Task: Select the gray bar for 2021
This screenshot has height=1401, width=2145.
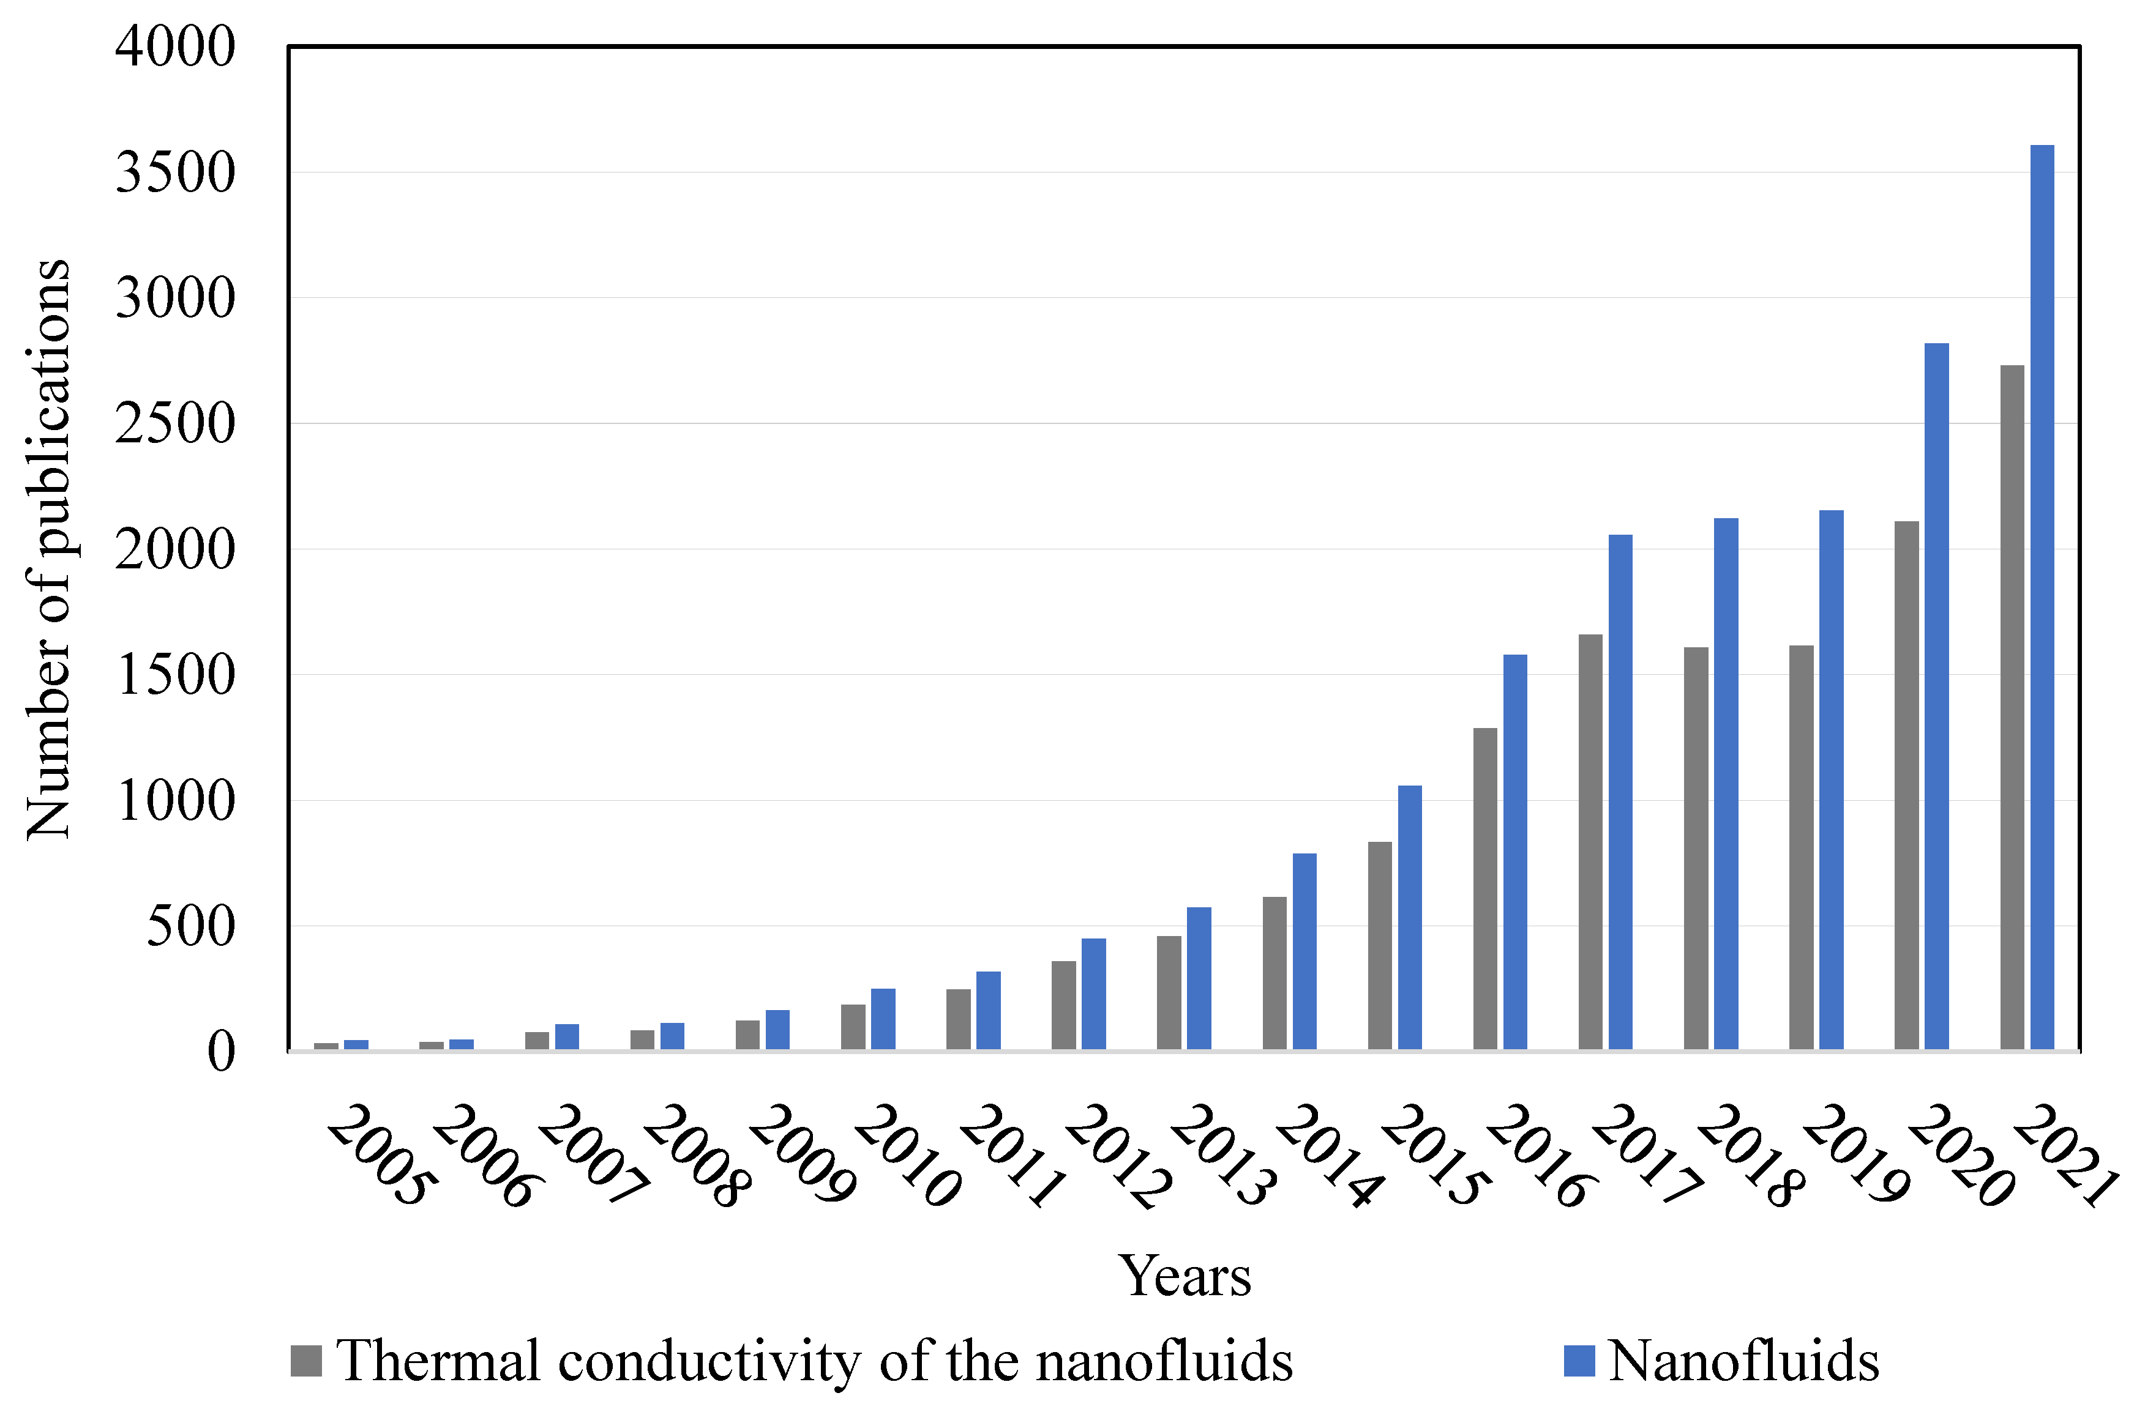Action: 2012,707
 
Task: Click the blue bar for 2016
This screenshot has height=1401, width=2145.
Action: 1515,852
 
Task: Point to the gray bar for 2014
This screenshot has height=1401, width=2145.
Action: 1275,973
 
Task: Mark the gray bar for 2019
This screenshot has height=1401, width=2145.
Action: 1801,847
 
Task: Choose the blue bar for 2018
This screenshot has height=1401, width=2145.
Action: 1725,783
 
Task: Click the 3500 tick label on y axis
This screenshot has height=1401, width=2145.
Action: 175,173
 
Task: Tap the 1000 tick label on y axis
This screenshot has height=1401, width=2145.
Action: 175,801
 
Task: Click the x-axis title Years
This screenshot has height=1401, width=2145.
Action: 1185,1277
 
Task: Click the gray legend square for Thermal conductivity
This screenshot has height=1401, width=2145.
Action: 305,1361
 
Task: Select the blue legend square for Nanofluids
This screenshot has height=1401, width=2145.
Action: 1579,1361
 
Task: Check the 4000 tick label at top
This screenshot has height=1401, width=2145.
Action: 175,47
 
